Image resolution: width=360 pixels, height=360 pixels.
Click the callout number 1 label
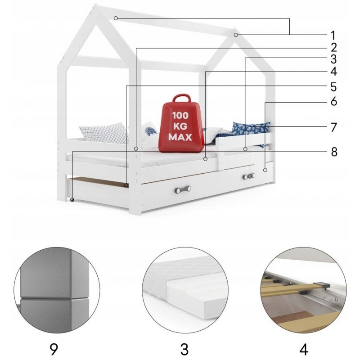[333, 36]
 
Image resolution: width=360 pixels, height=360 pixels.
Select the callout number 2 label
[333, 47]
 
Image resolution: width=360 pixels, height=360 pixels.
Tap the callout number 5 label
[333, 87]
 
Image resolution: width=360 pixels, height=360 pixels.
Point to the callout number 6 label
[333, 101]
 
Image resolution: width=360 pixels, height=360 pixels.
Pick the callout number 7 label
[333, 127]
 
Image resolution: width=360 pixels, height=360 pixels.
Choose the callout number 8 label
[334, 152]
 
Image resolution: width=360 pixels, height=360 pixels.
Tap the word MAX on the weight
[180, 137]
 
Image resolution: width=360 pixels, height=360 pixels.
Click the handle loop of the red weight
[182, 98]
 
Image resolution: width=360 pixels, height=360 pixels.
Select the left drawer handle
[183, 189]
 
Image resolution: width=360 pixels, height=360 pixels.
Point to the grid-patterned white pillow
[104, 133]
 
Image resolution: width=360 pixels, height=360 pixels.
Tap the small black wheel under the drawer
[72, 199]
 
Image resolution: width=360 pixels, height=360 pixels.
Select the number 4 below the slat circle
[303, 349]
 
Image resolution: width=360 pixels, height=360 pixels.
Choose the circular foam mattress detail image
[185, 290]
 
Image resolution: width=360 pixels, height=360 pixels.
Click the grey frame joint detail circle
[57, 290]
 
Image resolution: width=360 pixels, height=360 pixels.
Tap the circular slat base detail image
[304, 290]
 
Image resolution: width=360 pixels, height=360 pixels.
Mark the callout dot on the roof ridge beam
[116, 18]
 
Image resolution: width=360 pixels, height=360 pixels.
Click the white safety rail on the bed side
[244, 150]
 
